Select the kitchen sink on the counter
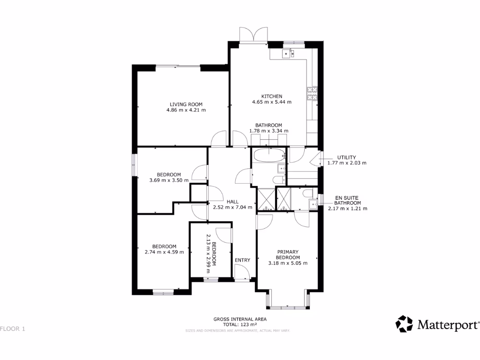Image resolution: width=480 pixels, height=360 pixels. (x=288, y=53)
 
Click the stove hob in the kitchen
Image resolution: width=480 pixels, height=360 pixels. (x=312, y=94)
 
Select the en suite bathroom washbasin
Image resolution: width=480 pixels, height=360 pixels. (x=313, y=203)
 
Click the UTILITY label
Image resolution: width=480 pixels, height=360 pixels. (x=347, y=157)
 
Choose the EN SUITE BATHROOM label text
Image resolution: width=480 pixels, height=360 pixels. (x=347, y=200)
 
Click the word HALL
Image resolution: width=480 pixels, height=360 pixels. (x=232, y=202)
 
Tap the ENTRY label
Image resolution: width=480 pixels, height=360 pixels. (x=242, y=260)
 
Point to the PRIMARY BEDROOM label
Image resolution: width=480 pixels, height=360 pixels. (x=287, y=254)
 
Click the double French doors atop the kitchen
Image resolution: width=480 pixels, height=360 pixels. (x=253, y=36)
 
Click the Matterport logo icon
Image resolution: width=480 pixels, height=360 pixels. (x=404, y=324)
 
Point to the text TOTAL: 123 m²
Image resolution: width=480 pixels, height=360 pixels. (x=240, y=324)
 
